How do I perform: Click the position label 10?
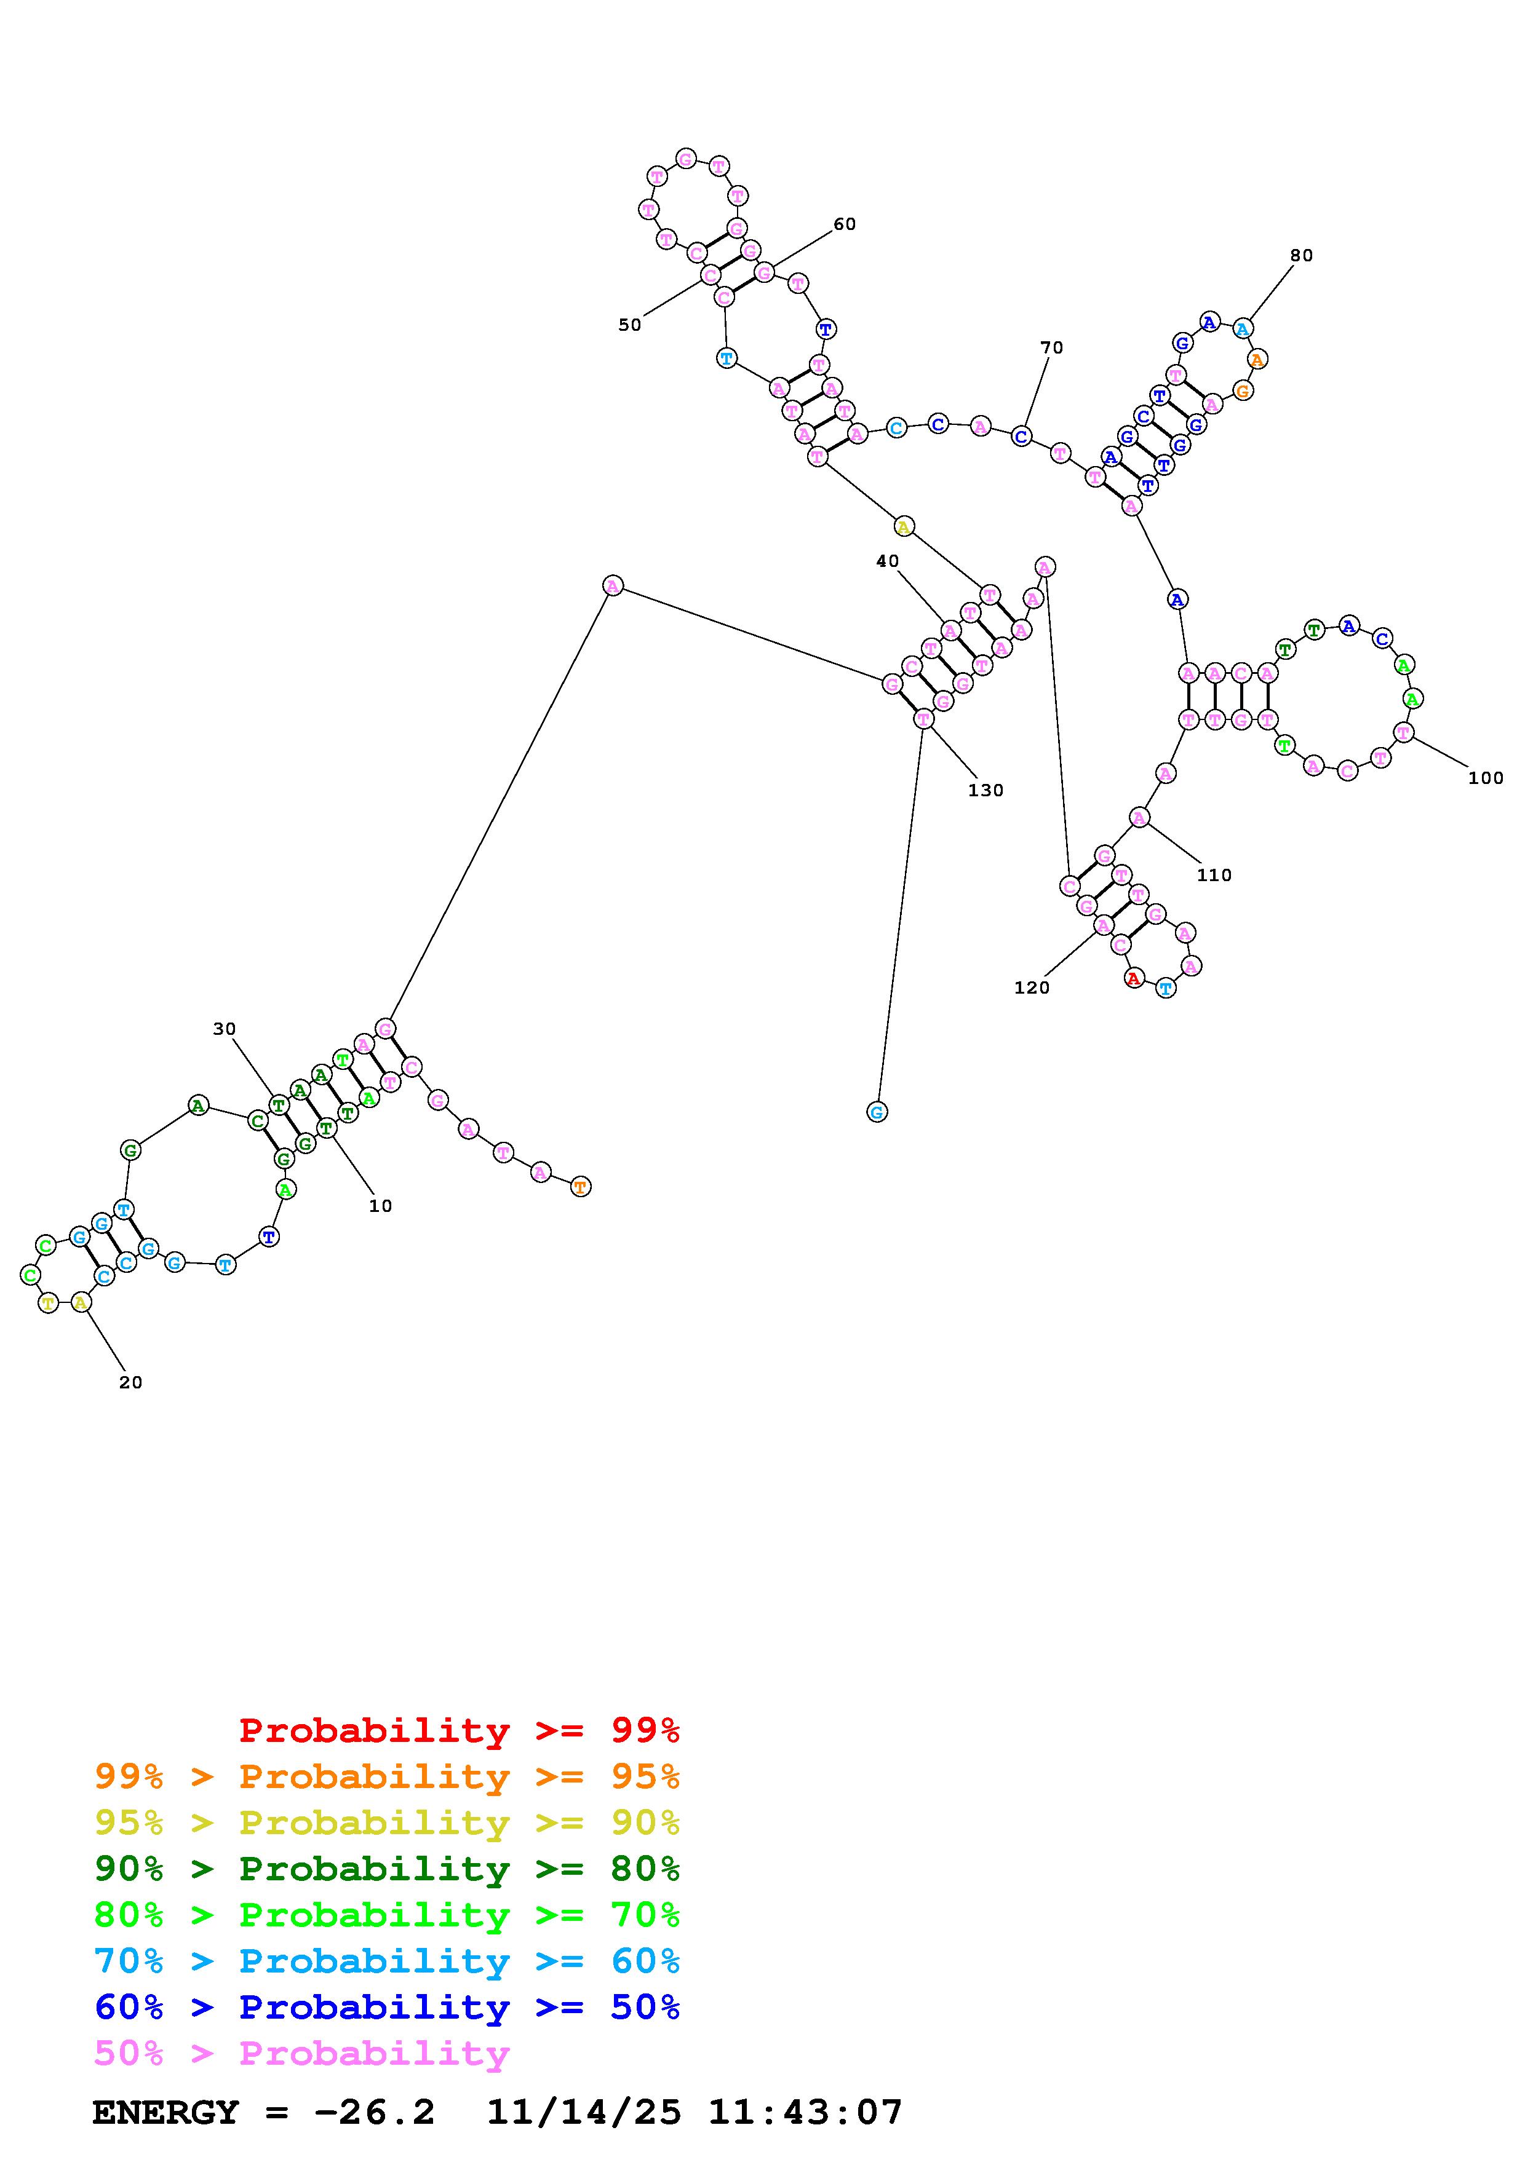coord(381,1206)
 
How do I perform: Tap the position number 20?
coord(130,1383)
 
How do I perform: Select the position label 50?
coord(629,325)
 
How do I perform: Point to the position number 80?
coord(1301,256)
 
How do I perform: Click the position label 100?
coord(1486,778)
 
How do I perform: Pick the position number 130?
coord(985,791)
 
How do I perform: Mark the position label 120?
coord(1032,988)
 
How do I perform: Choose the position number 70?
coord(1051,347)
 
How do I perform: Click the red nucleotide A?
coord(1134,979)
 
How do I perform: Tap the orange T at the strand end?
coord(581,1187)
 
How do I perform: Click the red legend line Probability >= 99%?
coord(460,1730)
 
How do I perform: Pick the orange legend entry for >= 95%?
coord(386,1776)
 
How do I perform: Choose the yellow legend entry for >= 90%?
coord(386,1823)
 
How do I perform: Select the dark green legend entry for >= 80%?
coord(386,1869)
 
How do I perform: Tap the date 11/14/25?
coord(584,2113)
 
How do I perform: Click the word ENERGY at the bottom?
coord(165,2113)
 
